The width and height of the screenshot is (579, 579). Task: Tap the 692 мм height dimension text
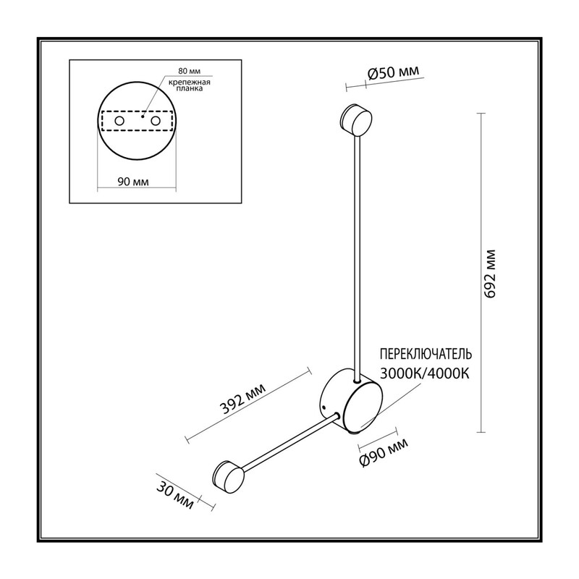coord(490,274)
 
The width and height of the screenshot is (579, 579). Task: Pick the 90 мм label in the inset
coord(133,182)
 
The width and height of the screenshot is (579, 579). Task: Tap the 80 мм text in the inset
coord(190,71)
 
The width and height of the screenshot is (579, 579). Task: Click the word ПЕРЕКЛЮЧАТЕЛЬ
coord(426,354)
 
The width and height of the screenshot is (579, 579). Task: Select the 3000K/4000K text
coord(425,373)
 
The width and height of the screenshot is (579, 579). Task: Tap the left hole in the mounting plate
coord(119,121)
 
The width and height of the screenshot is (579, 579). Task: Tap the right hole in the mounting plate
coord(156,121)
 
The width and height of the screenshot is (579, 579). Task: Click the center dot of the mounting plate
coord(143,117)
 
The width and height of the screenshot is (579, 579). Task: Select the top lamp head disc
coord(356,119)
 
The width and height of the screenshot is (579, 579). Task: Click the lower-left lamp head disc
coord(229,477)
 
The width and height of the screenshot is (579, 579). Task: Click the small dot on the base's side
coord(324,407)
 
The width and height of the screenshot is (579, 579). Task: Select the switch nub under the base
coord(355,431)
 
